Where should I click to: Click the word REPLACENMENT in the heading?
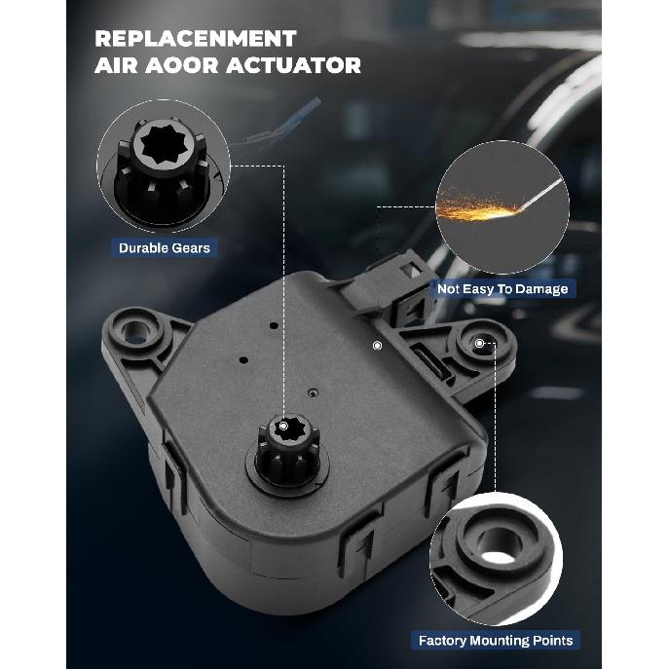[x=195, y=39]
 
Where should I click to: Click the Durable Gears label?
[x=164, y=247]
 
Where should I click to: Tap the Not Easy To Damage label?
[x=502, y=288]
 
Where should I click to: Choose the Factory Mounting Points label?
[x=496, y=640]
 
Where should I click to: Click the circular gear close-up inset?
[x=163, y=167]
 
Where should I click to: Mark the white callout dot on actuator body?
[x=376, y=345]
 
